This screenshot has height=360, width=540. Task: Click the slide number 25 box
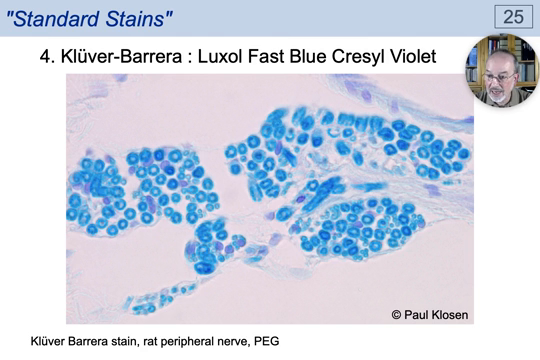coord(511,16)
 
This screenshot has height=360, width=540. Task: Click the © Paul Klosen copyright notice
coord(429,315)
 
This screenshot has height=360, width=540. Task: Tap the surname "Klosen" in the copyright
coord(447,315)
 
